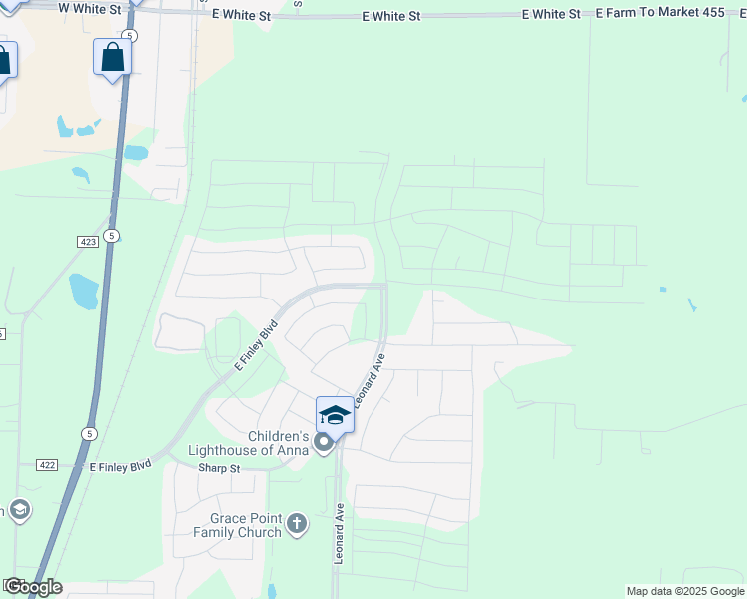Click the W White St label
pos(89,9)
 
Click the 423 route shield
pos(86,242)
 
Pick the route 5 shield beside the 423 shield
pos(113,235)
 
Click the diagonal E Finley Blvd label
pos(256,345)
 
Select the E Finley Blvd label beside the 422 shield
pos(120,466)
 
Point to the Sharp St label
pos(219,468)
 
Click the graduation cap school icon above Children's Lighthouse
pos(335,415)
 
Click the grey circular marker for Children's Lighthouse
pos(323,442)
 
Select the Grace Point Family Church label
pos(245,525)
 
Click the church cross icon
pos(296,523)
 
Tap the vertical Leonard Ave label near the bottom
pos(340,534)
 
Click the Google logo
pos(34,587)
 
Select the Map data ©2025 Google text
pos(684,591)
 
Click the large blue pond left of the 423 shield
pos(83,291)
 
